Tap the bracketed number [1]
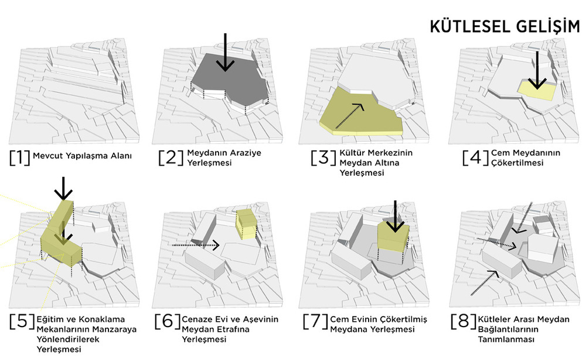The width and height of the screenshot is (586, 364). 20,157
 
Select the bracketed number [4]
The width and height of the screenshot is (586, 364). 475,157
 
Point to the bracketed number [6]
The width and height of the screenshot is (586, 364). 168,321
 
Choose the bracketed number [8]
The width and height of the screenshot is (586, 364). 464,321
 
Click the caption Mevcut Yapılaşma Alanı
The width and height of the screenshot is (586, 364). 82,156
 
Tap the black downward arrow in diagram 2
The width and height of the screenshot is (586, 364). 225,52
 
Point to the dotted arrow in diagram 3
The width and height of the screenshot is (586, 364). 350,116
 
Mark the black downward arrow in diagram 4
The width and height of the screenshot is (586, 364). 537,70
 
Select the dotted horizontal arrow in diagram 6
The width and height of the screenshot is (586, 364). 196,245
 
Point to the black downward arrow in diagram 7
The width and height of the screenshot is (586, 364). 395,216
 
